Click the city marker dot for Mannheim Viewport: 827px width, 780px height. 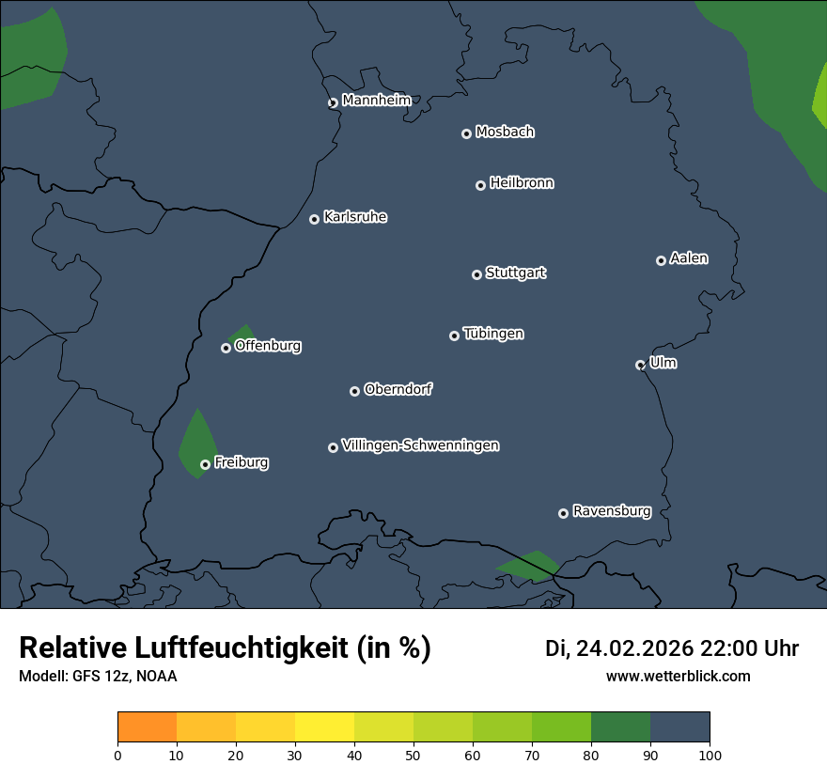[333, 103]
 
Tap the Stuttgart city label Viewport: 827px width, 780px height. [515, 273]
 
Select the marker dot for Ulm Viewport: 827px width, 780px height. [641, 365]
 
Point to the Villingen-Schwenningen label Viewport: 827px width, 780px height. [420, 445]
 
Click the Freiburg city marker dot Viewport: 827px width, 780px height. [206, 464]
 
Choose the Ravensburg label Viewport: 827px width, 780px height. [612, 511]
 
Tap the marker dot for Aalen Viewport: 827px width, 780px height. [662, 260]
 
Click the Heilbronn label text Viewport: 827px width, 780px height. [522, 183]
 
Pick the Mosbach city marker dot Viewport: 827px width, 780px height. [466, 134]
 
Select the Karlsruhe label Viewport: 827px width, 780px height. [355, 217]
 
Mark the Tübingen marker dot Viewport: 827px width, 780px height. [455, 335]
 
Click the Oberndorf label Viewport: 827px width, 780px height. [398, 389]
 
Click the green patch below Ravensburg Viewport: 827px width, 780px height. [529, 565]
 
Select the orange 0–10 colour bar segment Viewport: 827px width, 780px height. [147, 727]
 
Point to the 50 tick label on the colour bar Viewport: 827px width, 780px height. [413, 755]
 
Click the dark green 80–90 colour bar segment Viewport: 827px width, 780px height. [620, 727]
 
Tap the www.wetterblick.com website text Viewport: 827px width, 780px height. [678, 676]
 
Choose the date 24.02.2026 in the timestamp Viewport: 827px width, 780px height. [634, 648]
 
